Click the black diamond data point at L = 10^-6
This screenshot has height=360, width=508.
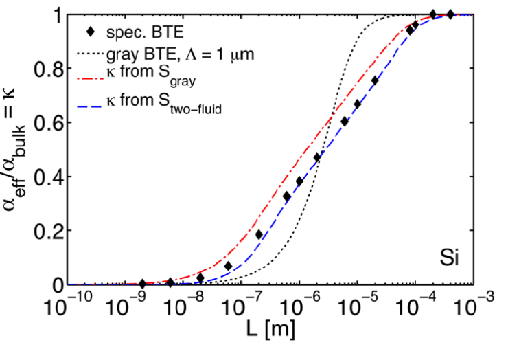(x=299, y=181)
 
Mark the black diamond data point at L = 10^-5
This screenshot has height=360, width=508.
(x=358, y=104)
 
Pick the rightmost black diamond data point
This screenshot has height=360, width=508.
(x=450, y=14)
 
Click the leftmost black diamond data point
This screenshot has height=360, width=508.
(x=142, y=284)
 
